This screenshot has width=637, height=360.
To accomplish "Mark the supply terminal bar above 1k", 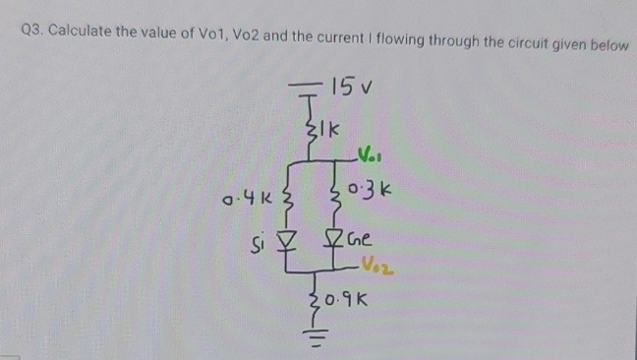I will coord(311,86).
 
